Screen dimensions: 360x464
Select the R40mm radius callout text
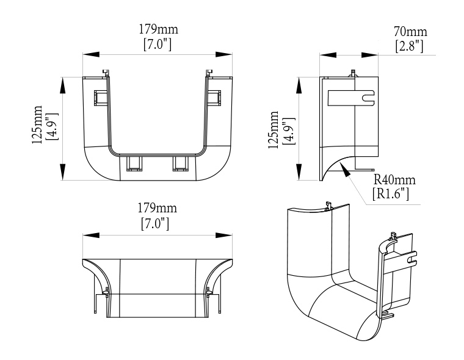[x=394, y=180]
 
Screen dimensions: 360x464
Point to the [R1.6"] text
[x=391, y=194]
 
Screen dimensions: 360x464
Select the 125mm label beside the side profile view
[x=274, y=129]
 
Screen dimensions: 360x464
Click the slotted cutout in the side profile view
[x=352, y=97]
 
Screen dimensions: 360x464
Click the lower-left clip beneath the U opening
[x=134, y=162]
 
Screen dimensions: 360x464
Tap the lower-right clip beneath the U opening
[x=181, y=162]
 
